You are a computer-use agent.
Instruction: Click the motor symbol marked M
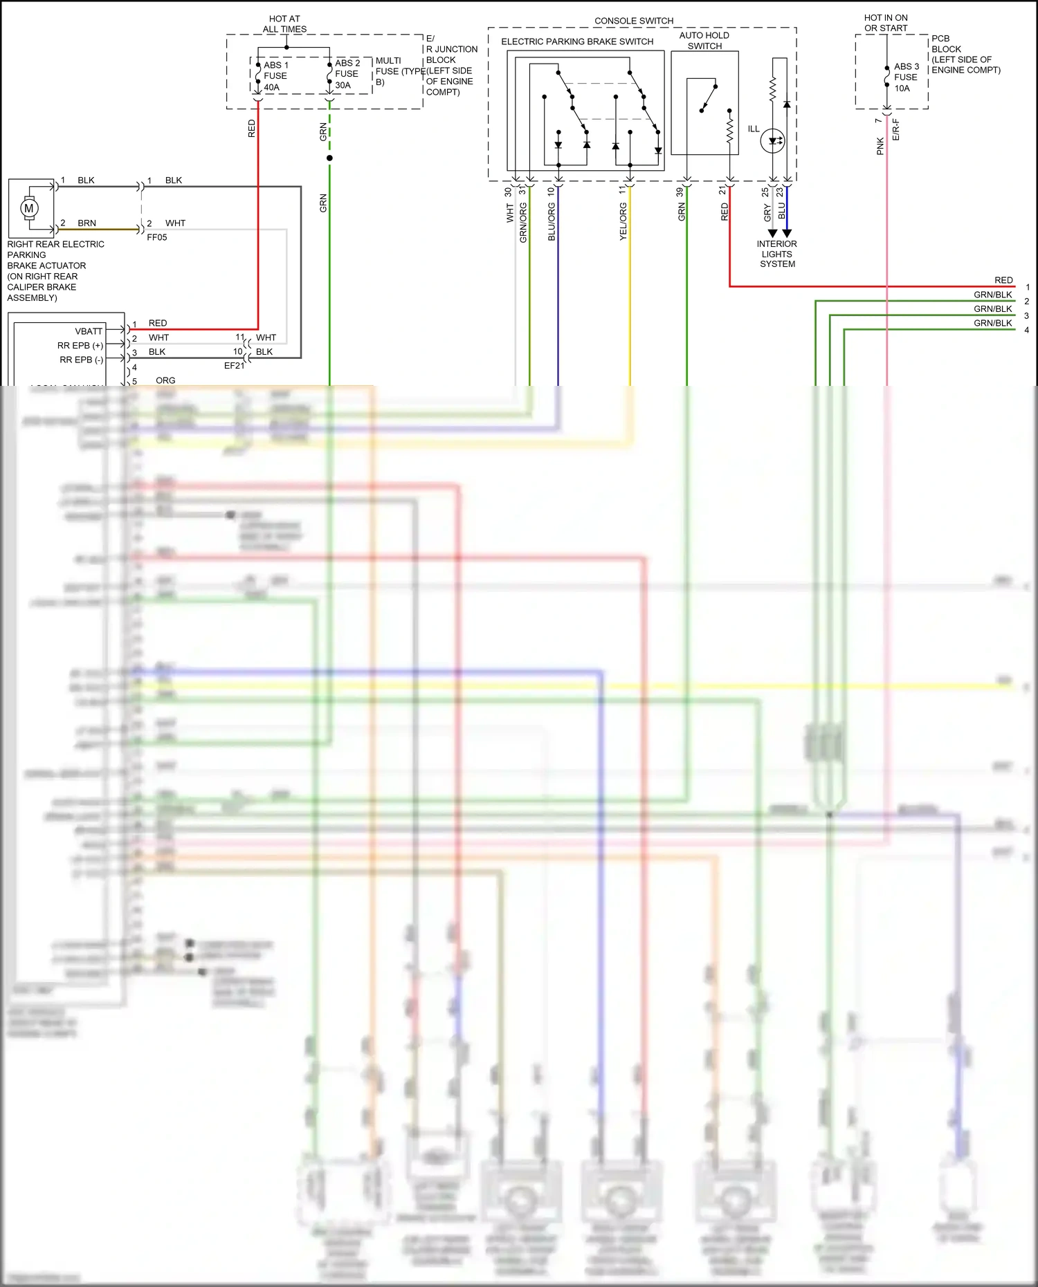pyautogui.click(x=29, y=207)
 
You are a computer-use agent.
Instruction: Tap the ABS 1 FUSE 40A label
pyautogui.click(x=275, y=76)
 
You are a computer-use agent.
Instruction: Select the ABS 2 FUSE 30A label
pyautogui.click(x=347, y=74)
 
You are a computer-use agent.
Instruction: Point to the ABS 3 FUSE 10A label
pyautogui.click(x=906, y=77)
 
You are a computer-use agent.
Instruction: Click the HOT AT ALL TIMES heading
pyautogui.click(x=284, y=24)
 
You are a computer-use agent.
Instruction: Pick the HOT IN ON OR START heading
pyautogui.click(x=886, y=23)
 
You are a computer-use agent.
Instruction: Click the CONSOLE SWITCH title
pyautogui.click(x=634, y=21)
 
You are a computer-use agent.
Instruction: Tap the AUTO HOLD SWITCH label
pyautogui.click(x=704, y=41)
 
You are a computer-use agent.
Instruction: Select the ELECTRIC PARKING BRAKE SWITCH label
pyautogui.click(x=577, y=41)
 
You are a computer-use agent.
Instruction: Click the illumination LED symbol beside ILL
pyautogui.click(x=772, y=141)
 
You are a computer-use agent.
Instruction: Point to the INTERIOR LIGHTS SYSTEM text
pyautogui.click(x=777, y=254)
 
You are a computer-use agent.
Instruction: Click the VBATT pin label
pyautogui.click(x=89, y=331)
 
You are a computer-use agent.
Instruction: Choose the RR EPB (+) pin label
pyautogui.click(x=80, y=345)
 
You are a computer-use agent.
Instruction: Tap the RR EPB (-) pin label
pyautogui.click(x=82, y=360)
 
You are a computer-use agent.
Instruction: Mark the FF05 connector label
pyautogui.click(x=157, y=237)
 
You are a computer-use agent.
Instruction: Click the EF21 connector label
pyautogui.click(x=234, y=366)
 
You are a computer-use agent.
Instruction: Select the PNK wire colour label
pyautogui.click(x=880, y=146)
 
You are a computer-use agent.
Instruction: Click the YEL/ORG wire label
pyautogui.click(x=623, y=222)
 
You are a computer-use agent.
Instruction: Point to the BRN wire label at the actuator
pyautogui.click(x=87, y=223)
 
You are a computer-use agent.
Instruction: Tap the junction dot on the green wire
pyautogui.click(x=329, y=158)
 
